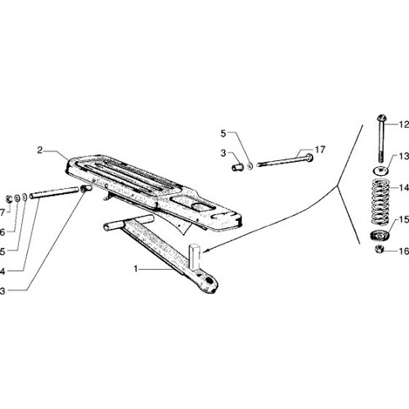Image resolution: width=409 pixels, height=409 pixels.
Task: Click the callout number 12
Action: pos(404,124)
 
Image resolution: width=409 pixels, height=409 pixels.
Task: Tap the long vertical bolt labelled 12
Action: pos(381,139)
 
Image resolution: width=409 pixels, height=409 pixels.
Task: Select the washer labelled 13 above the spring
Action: pos(381,171)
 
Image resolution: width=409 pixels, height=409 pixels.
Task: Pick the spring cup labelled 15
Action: pos(379,236)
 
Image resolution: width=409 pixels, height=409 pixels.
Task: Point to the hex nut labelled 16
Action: pos(379,249)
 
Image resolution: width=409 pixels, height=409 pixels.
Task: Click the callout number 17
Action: pos(320,150)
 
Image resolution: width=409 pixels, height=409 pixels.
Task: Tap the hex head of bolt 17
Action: pos(309,158)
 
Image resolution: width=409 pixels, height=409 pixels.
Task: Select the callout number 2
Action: pos(40,151)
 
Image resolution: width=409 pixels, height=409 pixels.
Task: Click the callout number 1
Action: pos(136,269)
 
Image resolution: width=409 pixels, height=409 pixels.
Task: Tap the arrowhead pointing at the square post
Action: pos(206,250)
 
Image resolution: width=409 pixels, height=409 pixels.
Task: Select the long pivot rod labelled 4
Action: pos(54,192)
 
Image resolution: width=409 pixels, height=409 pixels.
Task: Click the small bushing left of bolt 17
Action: pos(238,167)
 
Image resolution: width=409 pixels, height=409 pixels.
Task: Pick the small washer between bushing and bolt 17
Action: pos(249,165)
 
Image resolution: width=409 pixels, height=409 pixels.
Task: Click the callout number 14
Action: pos(404,188)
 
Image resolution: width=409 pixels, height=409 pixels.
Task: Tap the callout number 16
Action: pos(404,251)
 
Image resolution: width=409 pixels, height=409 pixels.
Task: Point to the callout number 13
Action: pos(404,156)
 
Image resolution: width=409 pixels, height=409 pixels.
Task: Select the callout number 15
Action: pos(404,219)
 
